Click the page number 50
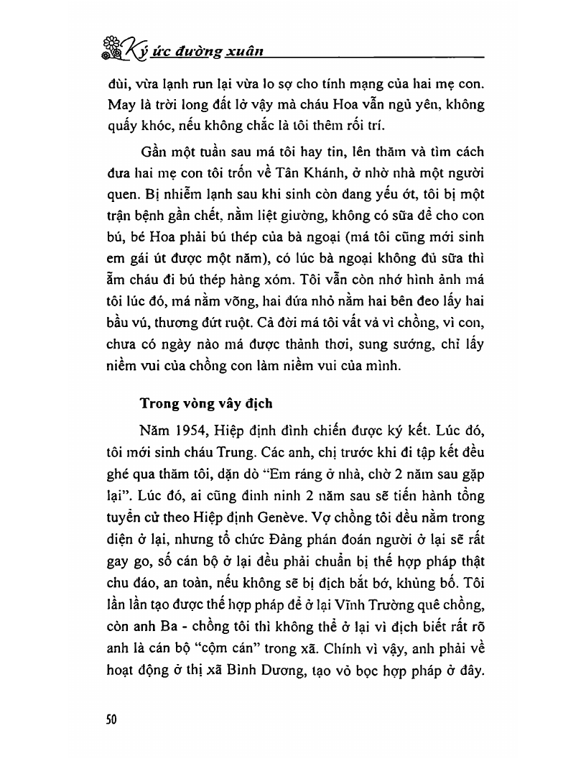coord(111,719)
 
